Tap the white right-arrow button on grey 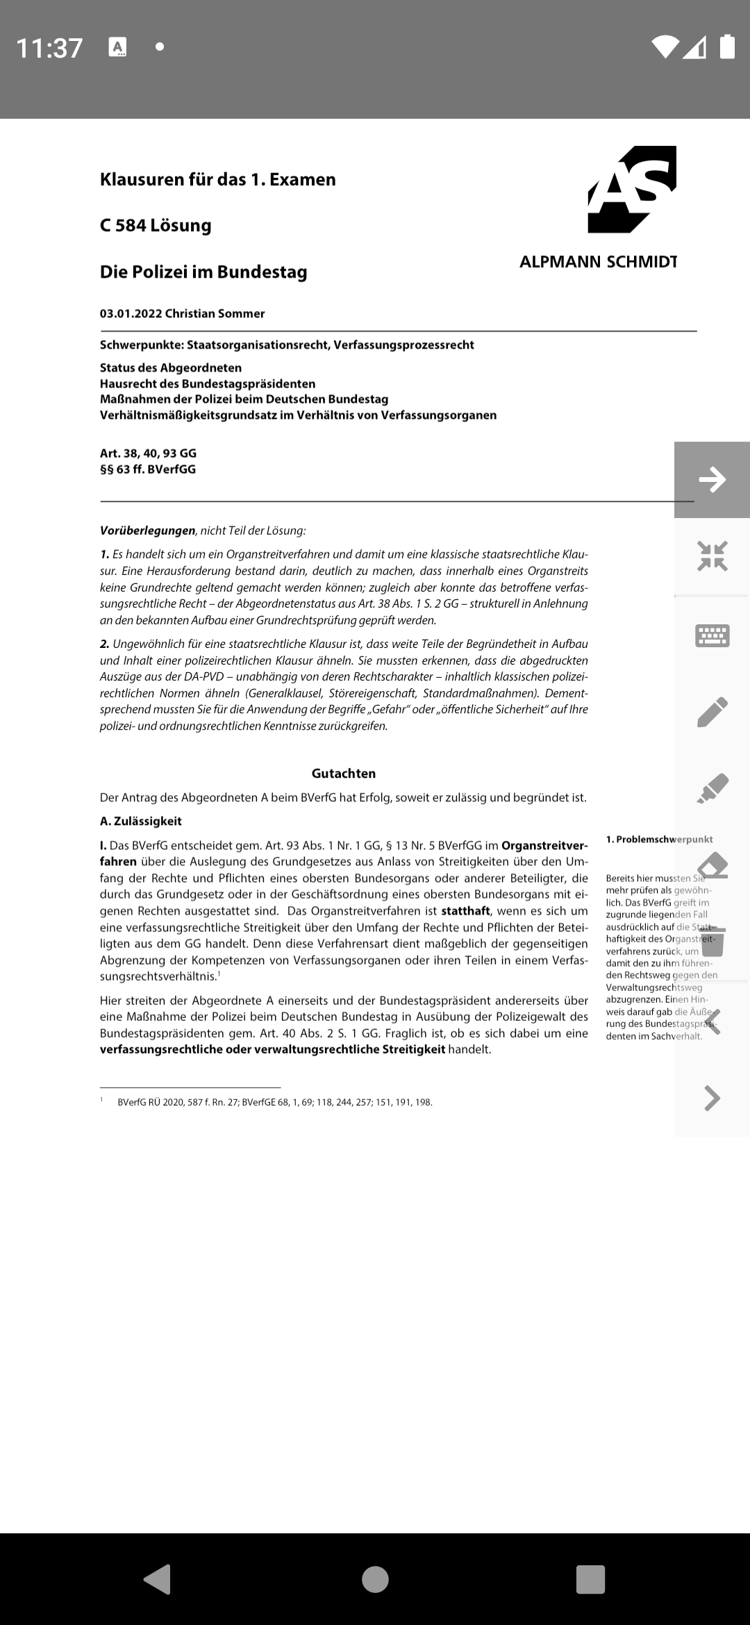click(712, 480)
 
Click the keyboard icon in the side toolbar click(712, 635)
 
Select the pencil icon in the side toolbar click(712, 712)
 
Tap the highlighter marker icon click(712, 789)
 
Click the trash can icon click(712, 942)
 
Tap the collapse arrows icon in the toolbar click(712, 556)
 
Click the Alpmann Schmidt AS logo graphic click(632, 189)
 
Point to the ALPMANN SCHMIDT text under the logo click(598, 262)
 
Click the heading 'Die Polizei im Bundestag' click(203, 272)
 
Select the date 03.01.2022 click(131, 313)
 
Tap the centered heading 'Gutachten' click(344, 774)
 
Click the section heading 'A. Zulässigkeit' click(141, 821)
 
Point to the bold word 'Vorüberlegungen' click(147, 531)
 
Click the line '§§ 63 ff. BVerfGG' click(148, 469)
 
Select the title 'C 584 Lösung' click(156, 225)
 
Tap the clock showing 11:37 click(49, 48)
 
